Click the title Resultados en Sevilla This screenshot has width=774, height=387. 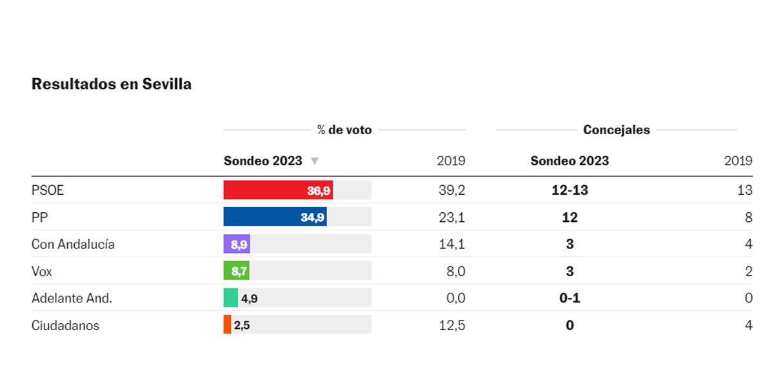click(112, 84)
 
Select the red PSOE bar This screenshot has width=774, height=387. click(278, 190)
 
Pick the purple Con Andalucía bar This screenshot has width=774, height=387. click(236, 244)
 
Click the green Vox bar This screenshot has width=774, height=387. click(236, 271)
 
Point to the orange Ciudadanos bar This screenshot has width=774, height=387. click(227, 324)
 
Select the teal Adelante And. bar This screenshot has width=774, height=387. click(231, 298)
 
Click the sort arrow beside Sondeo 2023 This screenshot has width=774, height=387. click(314, 161)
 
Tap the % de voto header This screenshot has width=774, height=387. click(344, 130)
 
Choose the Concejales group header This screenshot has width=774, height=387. click(617, 130)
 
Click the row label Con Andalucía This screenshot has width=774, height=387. click(73, 244)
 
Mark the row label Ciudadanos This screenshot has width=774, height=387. click(65, 325)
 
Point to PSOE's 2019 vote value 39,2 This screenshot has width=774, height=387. click(451, 191)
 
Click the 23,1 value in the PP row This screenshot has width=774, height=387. click(451, 218)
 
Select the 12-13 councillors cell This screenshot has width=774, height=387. click(570, 191)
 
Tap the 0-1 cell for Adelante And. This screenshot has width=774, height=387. click(570, 298)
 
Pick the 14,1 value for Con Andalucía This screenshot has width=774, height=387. click(451, 244)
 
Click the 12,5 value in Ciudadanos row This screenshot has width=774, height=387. click(451, 325)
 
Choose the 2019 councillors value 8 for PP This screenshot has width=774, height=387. click(748, 218)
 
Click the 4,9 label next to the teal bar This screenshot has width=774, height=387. click(249, 298)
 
